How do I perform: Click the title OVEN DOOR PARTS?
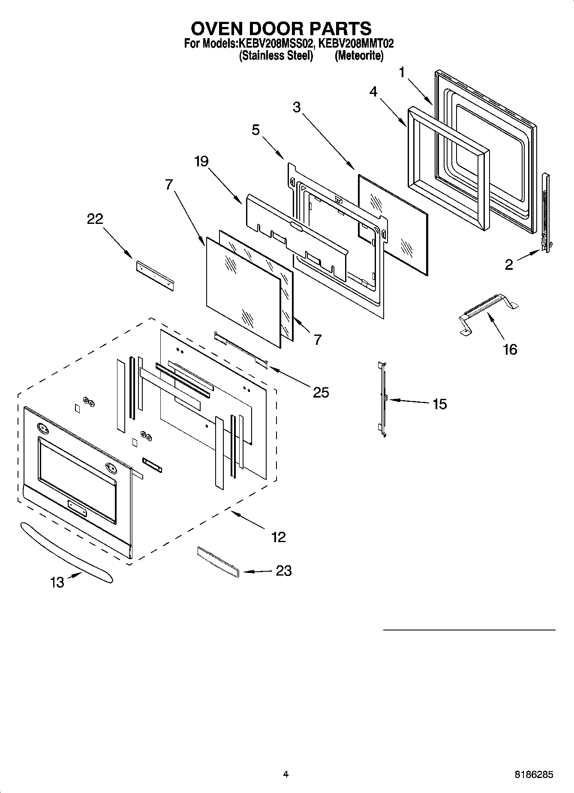point(281,28)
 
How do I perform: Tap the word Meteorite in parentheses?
point(359,56)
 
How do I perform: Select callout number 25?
point(320,392)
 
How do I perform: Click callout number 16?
point(510,350)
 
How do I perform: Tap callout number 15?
point(439,404)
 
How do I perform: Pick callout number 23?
point(283,570)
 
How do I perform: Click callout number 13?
point(57,582)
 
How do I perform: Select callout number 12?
point(278,537)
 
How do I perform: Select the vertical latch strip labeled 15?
point(383,399)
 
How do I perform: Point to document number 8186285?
point(533,775)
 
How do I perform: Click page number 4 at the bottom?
point(285,774)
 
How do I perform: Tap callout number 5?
point(255,130)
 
